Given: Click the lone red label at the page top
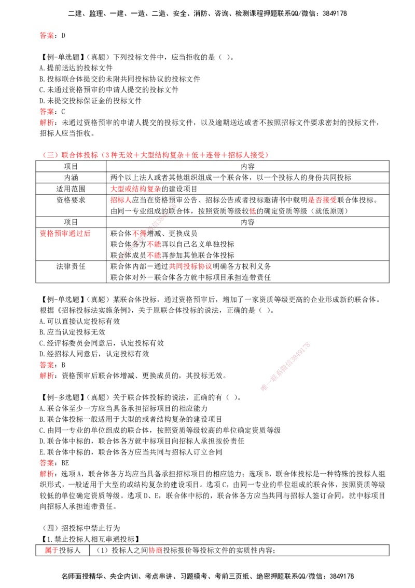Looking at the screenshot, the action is tap(46, 36).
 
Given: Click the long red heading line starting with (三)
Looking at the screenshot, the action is tap(155, 155).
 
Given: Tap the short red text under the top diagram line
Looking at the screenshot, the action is tap(120, 200).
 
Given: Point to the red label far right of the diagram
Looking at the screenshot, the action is tap(322, 200).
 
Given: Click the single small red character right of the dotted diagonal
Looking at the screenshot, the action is tap(253, 211).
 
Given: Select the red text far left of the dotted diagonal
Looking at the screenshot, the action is tap(65, 234).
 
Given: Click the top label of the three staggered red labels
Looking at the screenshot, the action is tap(139, 233).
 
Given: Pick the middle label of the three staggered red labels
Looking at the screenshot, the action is tap(154, 244).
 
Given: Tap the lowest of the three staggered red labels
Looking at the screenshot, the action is tap(154, 256).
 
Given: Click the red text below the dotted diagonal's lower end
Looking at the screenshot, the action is tap(190, 266).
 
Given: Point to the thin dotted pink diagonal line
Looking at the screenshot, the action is tap(148, 233).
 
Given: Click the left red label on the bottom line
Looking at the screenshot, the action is tap(50, 551).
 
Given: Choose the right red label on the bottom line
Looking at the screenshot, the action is tap(155, 551).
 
